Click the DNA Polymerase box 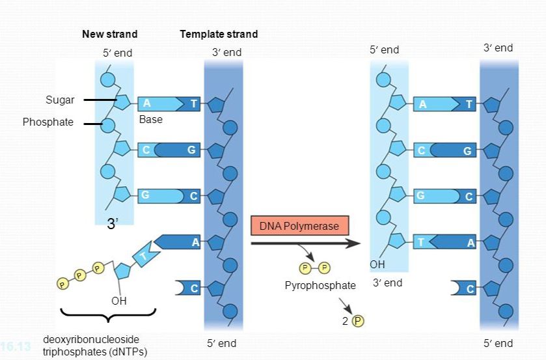(x=299, y=226)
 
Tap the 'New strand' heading (x=109, y=34)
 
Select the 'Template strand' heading (x=219, y=34)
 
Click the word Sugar (x=60, y=100)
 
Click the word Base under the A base (x=150, y=120)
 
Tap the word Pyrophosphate (x=320, y=285)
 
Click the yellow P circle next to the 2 (x=357, y=320)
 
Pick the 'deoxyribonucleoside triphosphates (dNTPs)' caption (x=94, y=346)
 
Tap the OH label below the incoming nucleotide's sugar (x=118, y=301)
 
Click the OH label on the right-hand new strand (x=377, y=265)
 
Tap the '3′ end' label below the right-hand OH (x=387, y=283)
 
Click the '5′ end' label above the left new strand (x=118, y=53)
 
